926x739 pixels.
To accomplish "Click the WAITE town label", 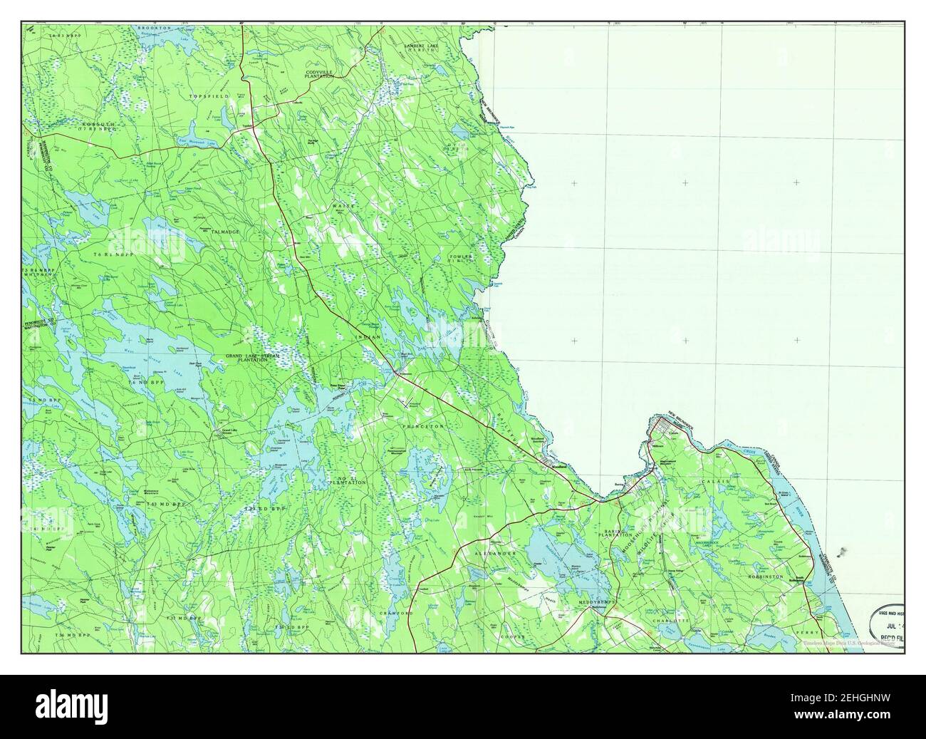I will pos(342,207).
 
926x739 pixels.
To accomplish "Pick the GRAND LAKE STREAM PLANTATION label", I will pos(253,358).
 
